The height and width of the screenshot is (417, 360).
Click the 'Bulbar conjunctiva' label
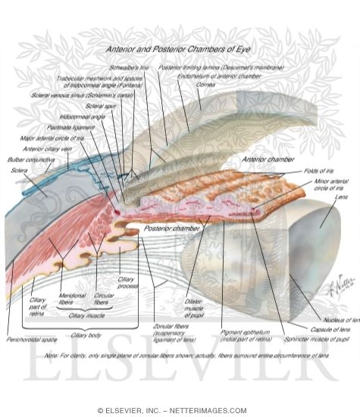[x=25, y=161]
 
